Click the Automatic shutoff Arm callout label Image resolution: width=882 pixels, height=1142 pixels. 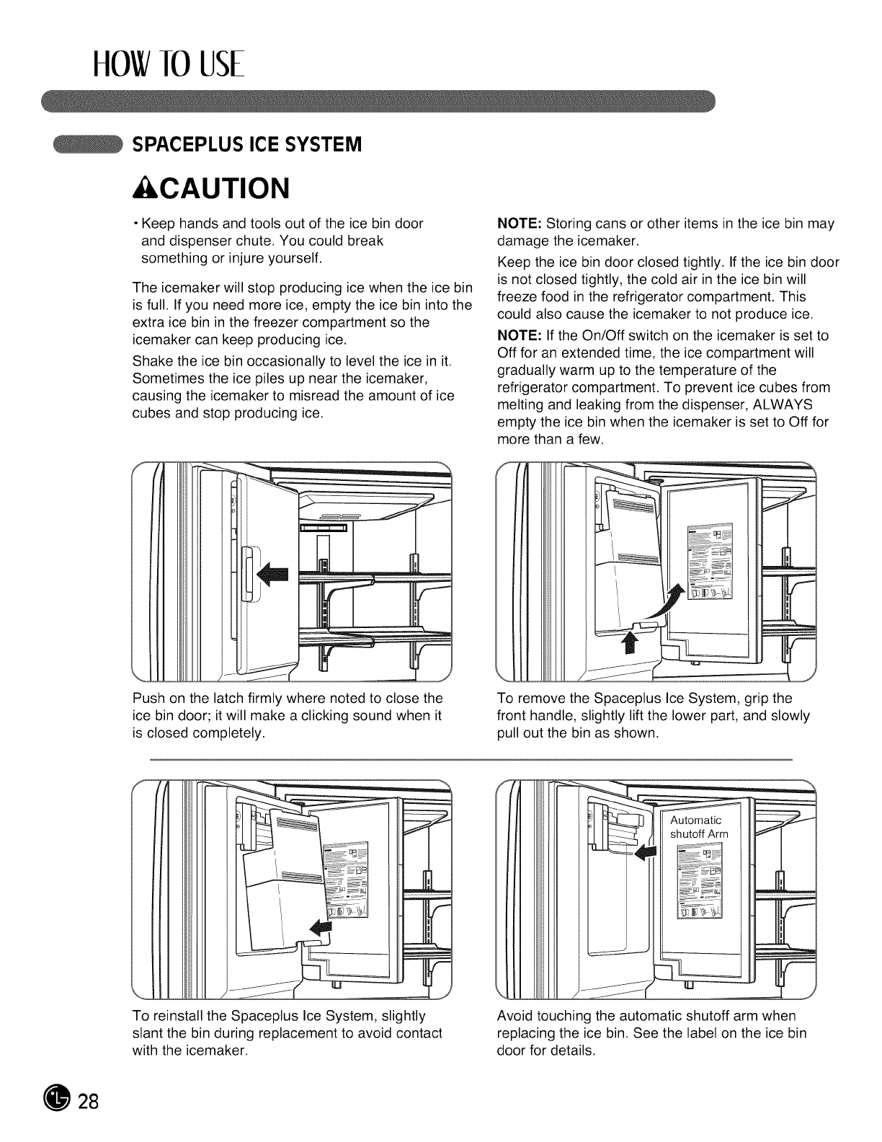(x=698, y=827)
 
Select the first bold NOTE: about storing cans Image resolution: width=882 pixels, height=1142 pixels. (x=516, y=223)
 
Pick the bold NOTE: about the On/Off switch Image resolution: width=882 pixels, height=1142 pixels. (x=516, y=335)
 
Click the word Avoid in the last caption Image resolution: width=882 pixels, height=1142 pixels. (x=514, y=1016)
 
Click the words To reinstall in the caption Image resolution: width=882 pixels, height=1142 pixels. (x=169, y=1016)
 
